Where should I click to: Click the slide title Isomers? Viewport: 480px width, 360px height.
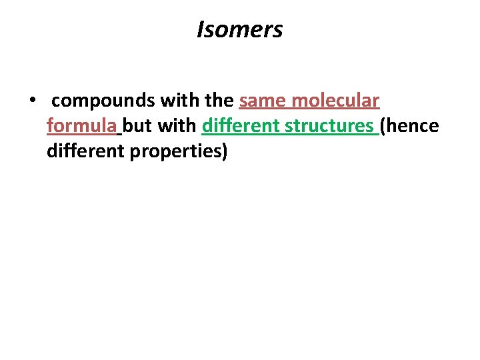(x=240, y=29)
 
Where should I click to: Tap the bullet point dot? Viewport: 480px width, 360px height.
(x=31, y=102)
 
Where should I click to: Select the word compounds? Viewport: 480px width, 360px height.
(x=103, y=101)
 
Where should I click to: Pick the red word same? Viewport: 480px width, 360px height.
(x=261, y=101)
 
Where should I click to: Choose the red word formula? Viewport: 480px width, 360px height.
(x=82, y=126)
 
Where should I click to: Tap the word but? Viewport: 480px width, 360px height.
(x=138, y=126)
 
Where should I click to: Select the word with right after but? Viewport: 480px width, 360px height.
(x=177, y=126)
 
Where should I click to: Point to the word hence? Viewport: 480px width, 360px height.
(x=412, y=126)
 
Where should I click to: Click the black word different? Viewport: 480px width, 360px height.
(x=85, y=151)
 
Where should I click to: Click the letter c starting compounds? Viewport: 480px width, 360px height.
(x=56, y=102)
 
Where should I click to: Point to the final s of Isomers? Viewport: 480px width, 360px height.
(x=277, y=31)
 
